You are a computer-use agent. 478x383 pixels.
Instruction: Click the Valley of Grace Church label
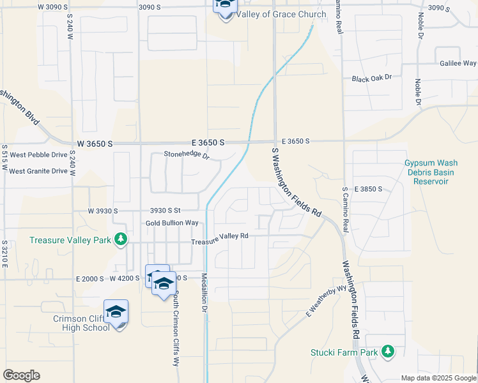[x=281, y=14]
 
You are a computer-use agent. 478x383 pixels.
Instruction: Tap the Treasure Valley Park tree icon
[x=119, y=240]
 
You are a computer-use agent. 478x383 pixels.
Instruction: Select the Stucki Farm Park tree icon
[x=387, y=351]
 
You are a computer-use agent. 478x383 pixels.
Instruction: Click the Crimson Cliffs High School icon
[x=116, y=312]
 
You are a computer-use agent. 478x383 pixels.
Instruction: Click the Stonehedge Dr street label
[x=187, y=154]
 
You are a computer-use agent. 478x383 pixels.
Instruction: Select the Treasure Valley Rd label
[x=220, y=238]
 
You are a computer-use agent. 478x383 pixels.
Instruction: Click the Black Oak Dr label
[x=371, y=78]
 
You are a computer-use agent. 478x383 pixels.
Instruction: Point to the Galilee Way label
[x=458, y=63]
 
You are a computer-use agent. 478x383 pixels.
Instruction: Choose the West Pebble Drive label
[x=38, y=155]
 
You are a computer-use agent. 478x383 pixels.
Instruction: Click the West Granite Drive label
[x=38, y=171]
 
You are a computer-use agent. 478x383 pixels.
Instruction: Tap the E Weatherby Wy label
[x=326, y=301]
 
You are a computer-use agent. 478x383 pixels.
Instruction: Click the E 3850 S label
[x=367, y=189]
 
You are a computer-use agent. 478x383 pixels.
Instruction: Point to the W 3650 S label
[x=95, y=144]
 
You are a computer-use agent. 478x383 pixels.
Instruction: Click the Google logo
[x=21, y=375]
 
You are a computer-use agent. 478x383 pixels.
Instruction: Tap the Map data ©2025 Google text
[x=438, y=378]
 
